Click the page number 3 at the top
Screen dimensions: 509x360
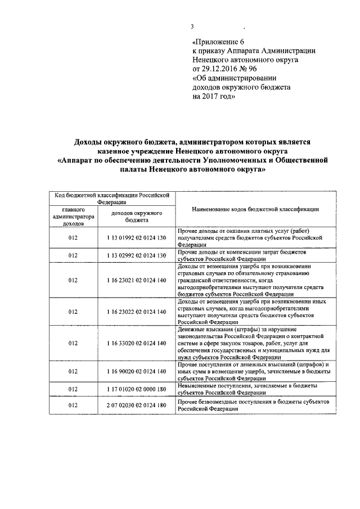coord(192,27)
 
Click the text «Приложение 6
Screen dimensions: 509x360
coord(219,42)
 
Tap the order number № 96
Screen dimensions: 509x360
coord(253,69)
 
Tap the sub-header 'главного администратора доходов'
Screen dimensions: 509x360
coord(73,216)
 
